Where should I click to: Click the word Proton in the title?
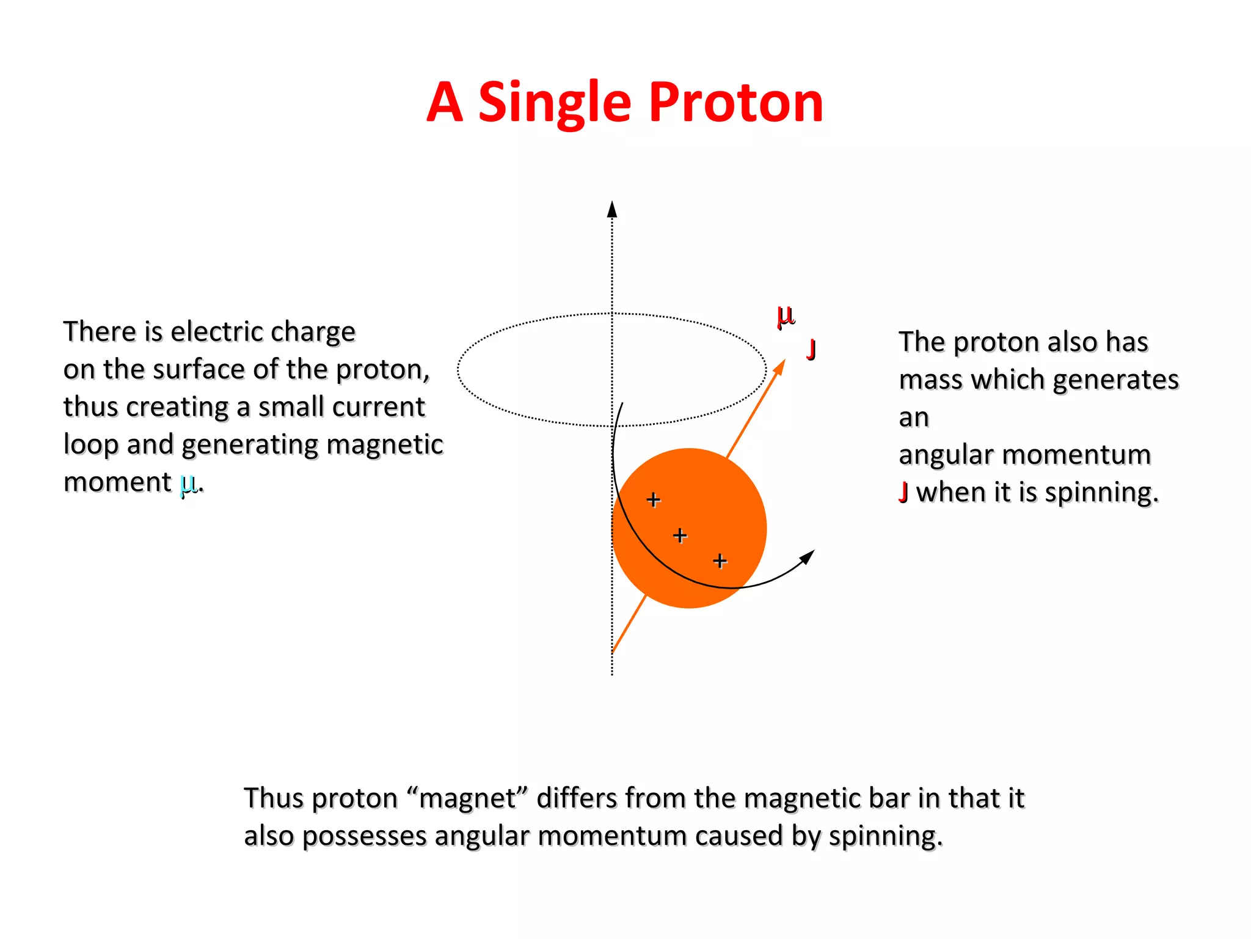(735, 103)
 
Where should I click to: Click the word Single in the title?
(554, 103)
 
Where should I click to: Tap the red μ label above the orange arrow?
(786, 316)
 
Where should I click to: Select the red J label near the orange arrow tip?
(811, 349)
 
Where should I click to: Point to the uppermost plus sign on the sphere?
(653, 499)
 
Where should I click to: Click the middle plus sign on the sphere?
(680, 536)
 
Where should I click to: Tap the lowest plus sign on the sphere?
(720, 560)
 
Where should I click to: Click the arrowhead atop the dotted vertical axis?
(612, 209)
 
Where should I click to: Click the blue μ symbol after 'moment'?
(188, 483)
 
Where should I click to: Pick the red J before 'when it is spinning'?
(903, 492)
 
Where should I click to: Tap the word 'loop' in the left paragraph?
(91, 445)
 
